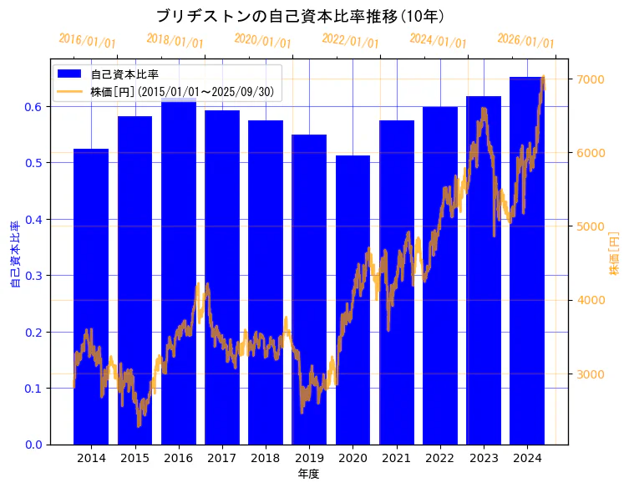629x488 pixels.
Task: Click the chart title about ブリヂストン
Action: pyautogui.click(x=300, y=16)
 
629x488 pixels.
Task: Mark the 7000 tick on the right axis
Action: pyautogui.click(x=590, y=79)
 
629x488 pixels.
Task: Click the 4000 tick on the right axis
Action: pyautogui.click(x=590, y=300)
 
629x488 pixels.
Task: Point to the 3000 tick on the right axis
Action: pyautogui.click(x=590, y=374)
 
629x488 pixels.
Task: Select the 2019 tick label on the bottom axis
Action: pyautogui.click(x=309, y=458)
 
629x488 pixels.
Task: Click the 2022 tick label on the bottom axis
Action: pyautogui.click(x=440, y=458)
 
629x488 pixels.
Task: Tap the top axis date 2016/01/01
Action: pyautogui.click(x=88, y=41)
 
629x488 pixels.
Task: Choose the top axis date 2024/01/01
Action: pyautogui.click(x=438, y=41)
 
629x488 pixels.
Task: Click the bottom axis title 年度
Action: pyautogui.click(x=308, y=474)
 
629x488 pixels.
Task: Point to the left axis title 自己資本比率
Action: pyautogui.click(x=14, y=255)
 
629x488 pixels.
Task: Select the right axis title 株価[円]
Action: pyautogui.click(x=614, y=255)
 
